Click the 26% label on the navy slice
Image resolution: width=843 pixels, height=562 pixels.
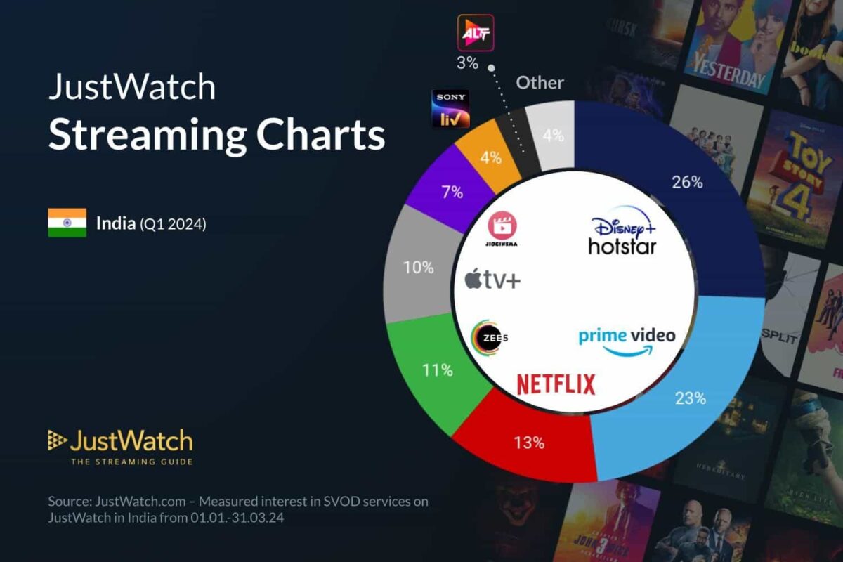coord(687,183)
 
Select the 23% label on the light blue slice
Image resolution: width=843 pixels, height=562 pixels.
coord(691,398)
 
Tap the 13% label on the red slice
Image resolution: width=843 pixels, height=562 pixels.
coord(528,443)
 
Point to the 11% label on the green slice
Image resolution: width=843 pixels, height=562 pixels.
coord(437,370)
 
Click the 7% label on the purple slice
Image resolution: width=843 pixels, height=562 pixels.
coord(452,192)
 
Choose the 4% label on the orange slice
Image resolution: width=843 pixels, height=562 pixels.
coord(490,157)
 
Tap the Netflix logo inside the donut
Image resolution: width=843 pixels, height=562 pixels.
coord(556,384)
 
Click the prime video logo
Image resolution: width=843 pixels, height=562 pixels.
coord(627,339)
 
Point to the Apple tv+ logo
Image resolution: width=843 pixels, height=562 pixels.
coord(492,280)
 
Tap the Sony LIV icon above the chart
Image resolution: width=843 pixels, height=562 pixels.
coord(450,108)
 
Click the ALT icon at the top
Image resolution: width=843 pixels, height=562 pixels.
coord(476,32)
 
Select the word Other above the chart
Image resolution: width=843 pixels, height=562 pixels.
coord(540,83)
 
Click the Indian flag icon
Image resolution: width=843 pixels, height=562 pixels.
coord(67,223)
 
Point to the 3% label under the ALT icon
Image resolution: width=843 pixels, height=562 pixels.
coord(467,63)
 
